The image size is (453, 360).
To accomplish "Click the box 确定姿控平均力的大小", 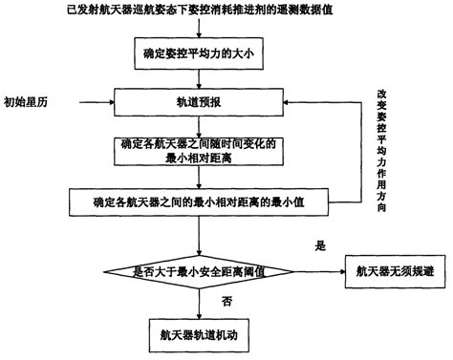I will [x=198, y=56].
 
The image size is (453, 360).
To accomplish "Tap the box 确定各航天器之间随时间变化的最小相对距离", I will [x=198, y=149].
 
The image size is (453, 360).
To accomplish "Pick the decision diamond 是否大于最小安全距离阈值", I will [x=198, y=270].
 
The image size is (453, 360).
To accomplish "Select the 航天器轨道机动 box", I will [x=198, y=335].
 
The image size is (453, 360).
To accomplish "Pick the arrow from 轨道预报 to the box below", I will [x=198, y=122].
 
